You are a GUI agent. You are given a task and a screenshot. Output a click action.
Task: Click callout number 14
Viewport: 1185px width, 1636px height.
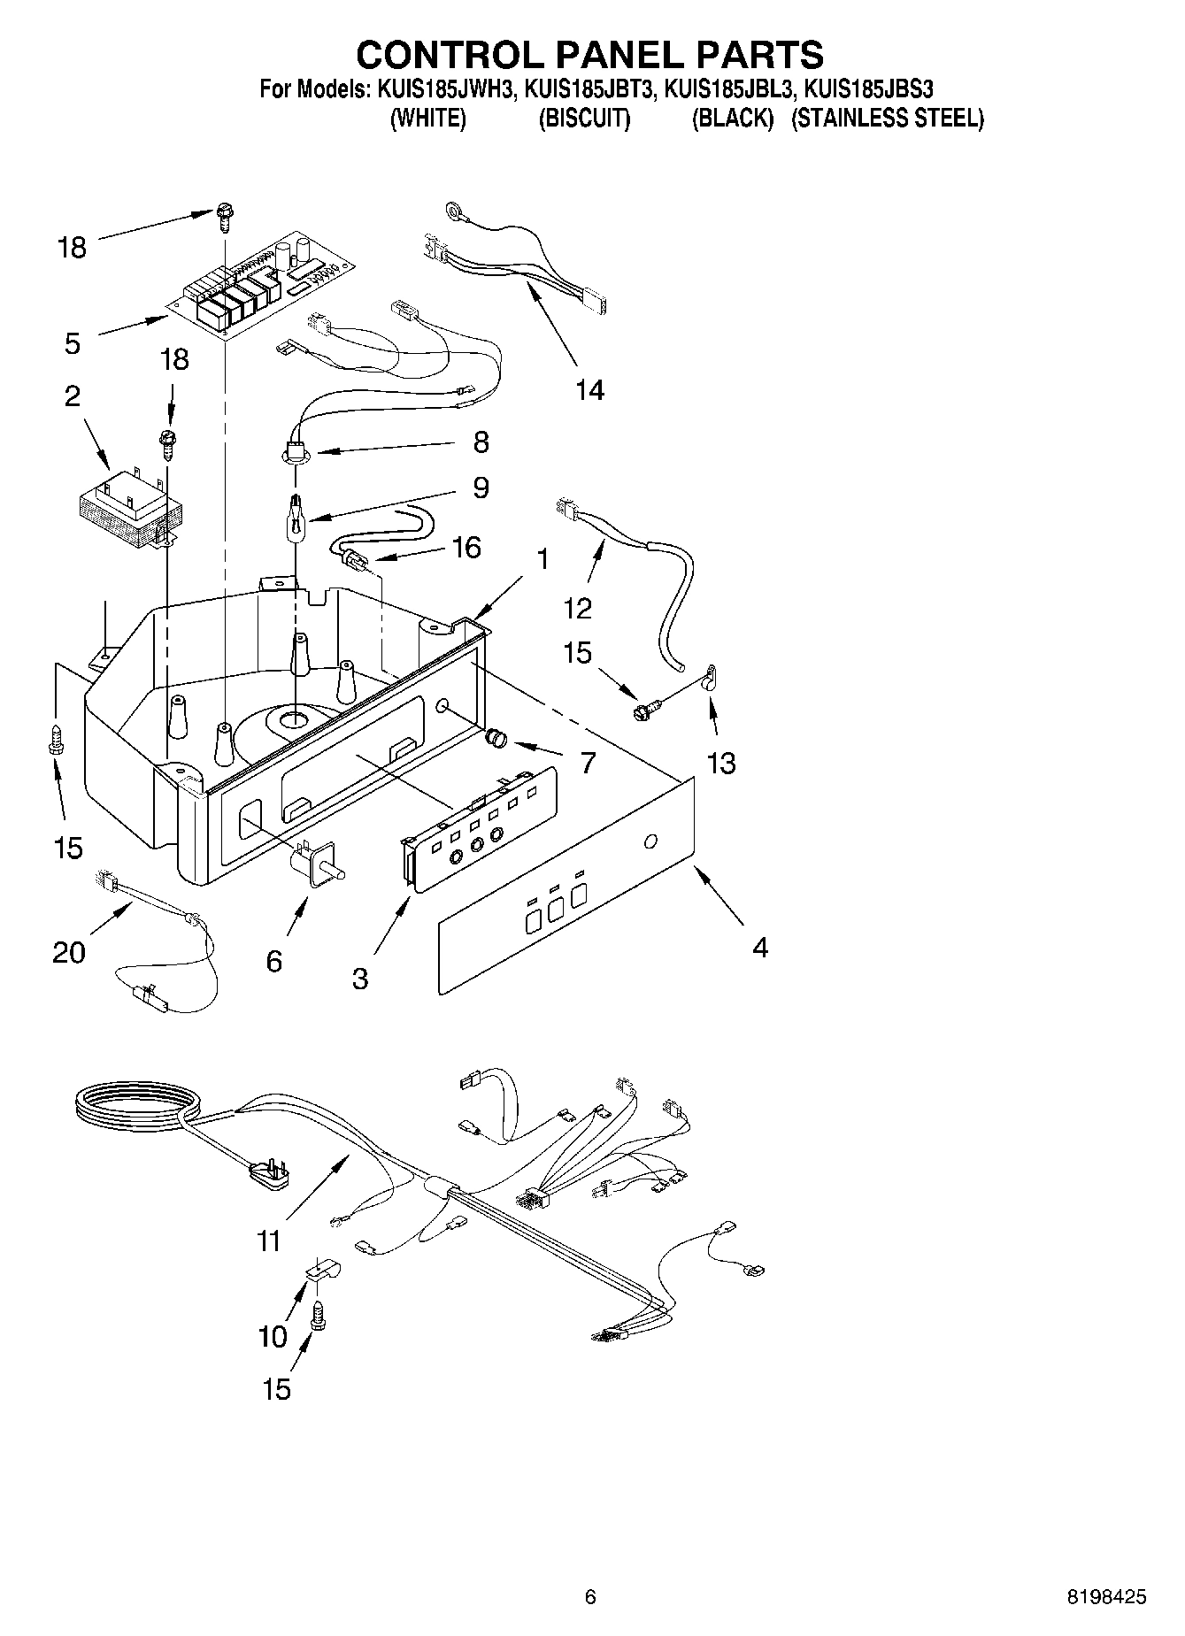[589, 390]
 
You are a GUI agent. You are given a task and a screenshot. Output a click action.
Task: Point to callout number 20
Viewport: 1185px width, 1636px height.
[69, 952]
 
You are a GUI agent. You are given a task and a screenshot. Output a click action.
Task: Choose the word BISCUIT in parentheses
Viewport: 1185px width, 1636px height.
[584, 119]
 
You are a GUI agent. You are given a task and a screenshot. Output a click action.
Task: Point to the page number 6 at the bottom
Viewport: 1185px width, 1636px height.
[590, 1597]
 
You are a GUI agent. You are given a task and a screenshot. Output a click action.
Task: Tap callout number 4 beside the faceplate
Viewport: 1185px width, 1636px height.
[759, 949]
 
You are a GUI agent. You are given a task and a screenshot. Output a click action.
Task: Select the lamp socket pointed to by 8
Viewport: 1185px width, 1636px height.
[293, 451]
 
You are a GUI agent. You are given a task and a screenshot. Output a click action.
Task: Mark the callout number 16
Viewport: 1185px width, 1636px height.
[466, 548]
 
